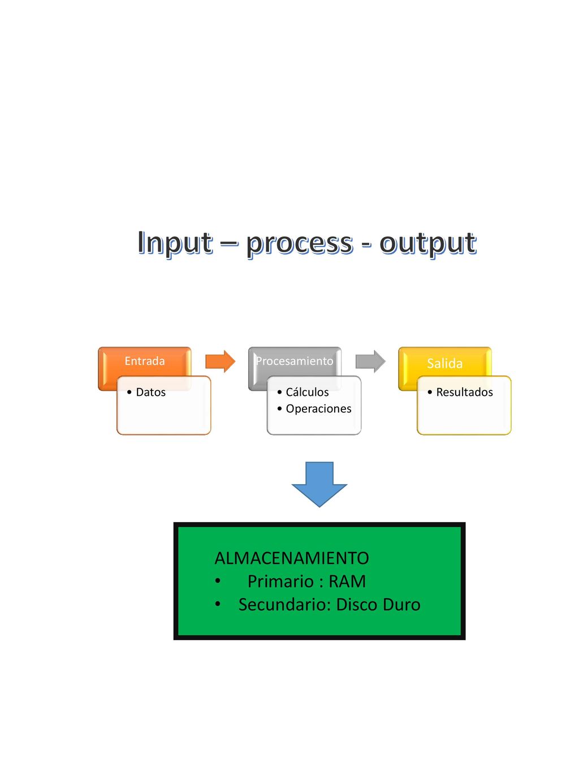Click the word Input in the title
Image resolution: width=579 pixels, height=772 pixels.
(x=175, y=243)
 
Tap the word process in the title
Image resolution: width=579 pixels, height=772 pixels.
(x=299, y=244)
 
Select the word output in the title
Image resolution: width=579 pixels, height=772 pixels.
(x=428, y=244)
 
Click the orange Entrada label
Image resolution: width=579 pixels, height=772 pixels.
(x=145, y=361)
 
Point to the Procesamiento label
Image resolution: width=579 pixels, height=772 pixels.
(x=294, y=361)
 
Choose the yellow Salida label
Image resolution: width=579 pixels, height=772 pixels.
(x=444, y=363)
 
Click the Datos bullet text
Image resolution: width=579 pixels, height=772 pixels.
(x=150, y=392)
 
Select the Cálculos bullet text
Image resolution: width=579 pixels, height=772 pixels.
(x=307, y=392)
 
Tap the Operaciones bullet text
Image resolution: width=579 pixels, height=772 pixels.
(x=318, y=409)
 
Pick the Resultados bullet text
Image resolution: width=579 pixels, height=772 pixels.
(x=464, y=392)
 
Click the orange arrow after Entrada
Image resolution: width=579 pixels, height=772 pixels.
(x=220, y=361)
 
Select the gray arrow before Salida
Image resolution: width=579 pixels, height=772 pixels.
(x=370, y=361)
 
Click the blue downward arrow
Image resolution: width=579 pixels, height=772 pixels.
(x=319, y=484)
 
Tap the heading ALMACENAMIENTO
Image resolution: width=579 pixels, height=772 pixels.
(x=292, y=558)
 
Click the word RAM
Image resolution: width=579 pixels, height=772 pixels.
(x=347, y=581)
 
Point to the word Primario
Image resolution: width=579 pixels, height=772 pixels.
(x=280, y=581)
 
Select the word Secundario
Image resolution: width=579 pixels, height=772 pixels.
(x=285, y=605)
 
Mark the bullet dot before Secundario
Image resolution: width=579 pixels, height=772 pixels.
(x=218, y=604)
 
